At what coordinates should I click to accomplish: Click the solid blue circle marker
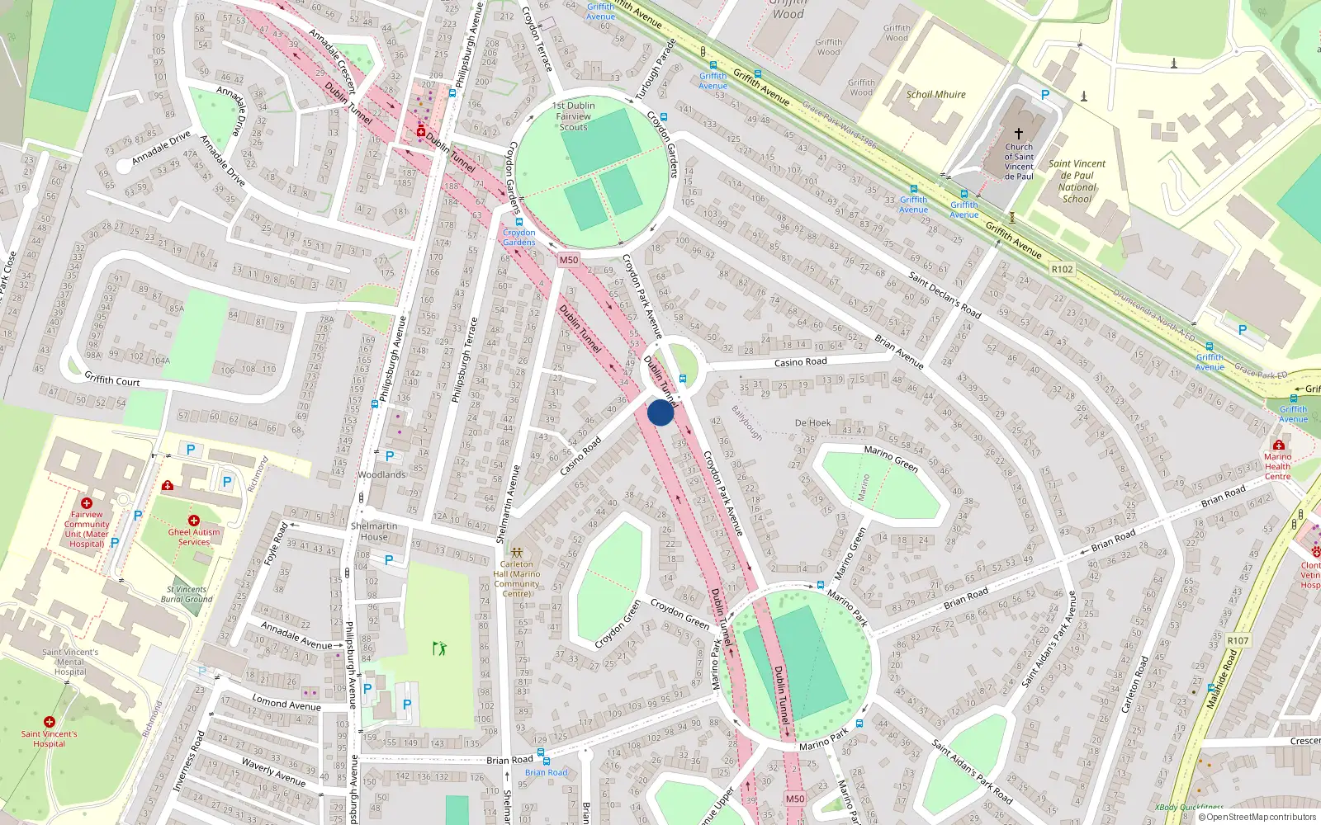point(660,412)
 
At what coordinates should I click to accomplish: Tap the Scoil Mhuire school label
point(935,95)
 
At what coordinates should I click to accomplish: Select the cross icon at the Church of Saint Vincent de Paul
point(1019,134)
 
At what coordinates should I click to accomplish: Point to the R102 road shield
point(1062,269)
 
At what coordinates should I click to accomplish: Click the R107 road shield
point(1238,640)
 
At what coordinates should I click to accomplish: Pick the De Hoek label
point(812,423)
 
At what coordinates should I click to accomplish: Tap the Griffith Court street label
point(112,379)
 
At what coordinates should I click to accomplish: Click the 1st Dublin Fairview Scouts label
point(573,116)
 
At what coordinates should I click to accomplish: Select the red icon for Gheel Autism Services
point(194,521)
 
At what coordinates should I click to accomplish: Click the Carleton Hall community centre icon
point(517,552)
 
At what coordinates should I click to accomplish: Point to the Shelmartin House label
point(374,531)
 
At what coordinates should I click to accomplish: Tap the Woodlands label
point(381,474)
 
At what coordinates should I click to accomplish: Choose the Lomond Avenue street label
point(286,704)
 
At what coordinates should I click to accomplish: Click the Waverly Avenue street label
point(273,771)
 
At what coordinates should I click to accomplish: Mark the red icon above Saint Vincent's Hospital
point(50,722)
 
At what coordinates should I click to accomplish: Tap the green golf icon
point(439,648)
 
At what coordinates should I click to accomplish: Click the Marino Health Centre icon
point(1278,445)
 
